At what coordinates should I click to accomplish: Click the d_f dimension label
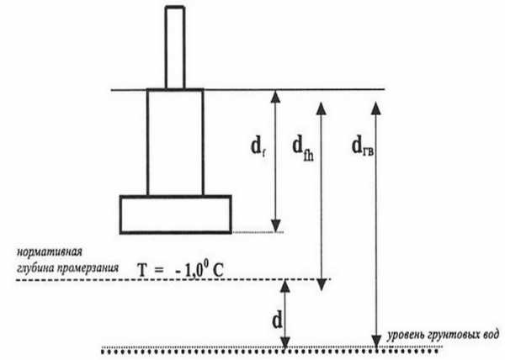258,148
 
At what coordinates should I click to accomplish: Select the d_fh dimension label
303,148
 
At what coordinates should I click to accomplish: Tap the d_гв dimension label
363,146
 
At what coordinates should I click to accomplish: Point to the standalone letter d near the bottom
277,320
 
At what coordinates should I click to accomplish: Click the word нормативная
50,251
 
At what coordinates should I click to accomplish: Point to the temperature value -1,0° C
199,270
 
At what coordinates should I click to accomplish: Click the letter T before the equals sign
143,270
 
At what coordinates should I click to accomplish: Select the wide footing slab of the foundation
176,214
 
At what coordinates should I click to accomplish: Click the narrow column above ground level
175,47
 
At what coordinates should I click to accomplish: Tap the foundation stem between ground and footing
175,142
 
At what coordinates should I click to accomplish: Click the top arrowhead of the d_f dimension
275,96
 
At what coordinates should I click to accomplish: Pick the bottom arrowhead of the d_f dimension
276,225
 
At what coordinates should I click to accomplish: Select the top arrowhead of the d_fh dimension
322,109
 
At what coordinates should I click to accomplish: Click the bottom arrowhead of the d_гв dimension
376,341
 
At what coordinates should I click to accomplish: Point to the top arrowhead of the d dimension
285,286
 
